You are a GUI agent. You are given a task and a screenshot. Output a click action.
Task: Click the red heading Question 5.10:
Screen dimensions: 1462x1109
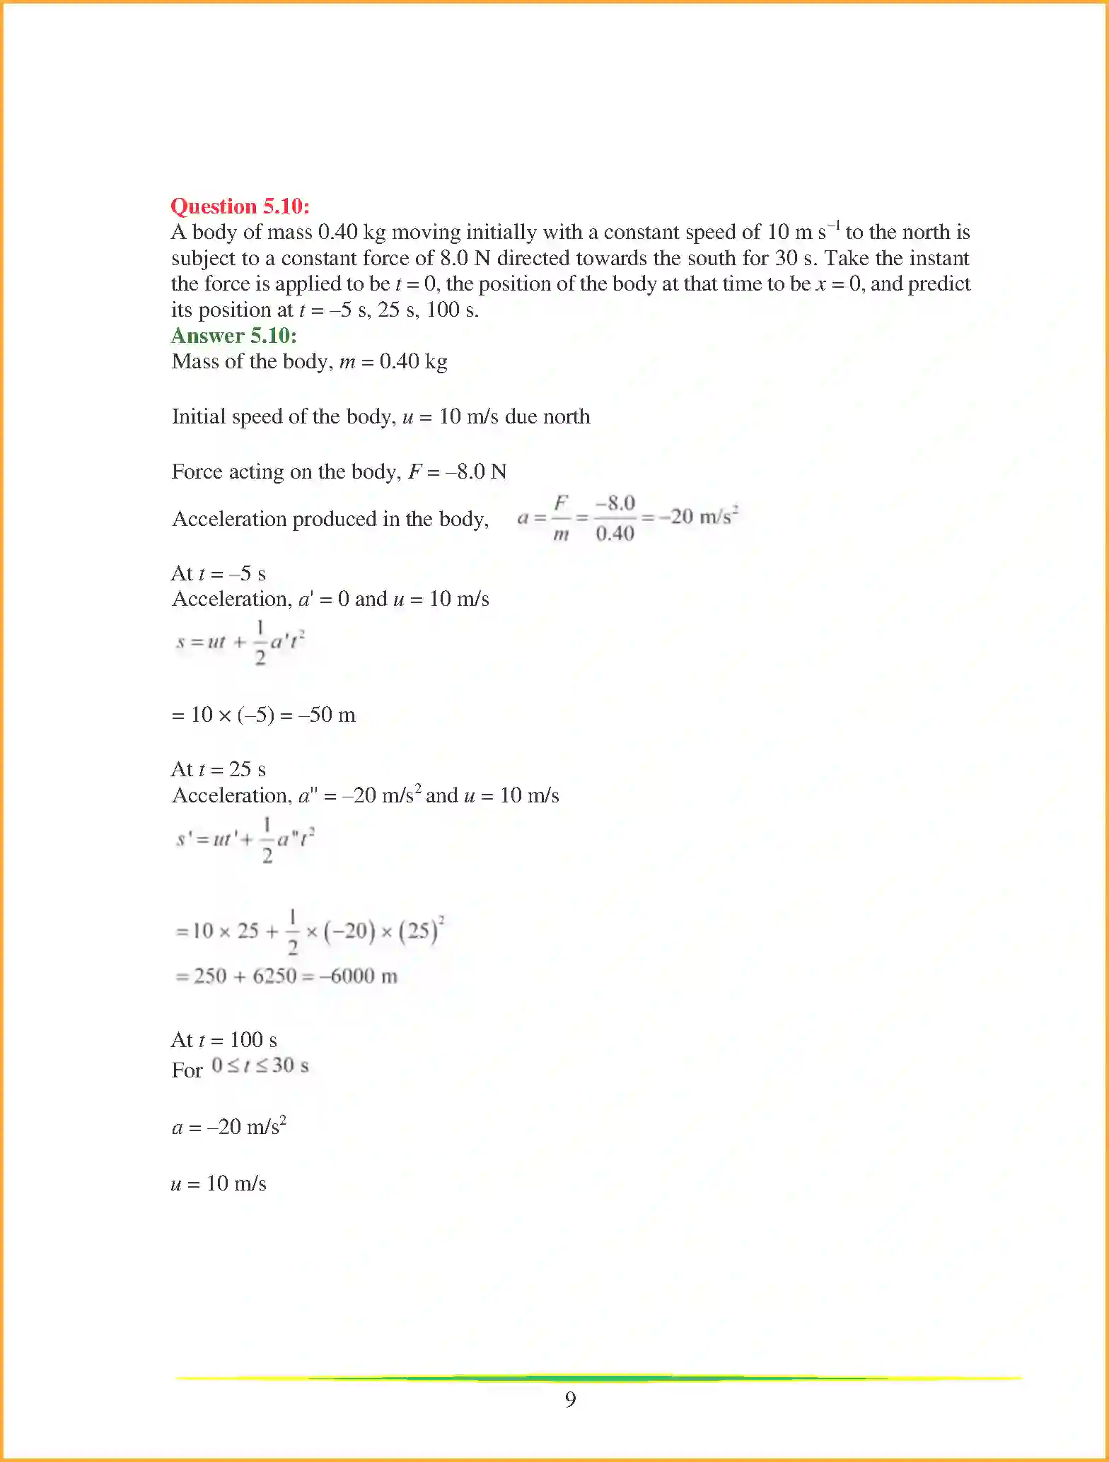[x=240, y=206]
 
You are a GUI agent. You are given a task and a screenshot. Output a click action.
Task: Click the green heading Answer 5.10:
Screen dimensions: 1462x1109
[x=233, y=336]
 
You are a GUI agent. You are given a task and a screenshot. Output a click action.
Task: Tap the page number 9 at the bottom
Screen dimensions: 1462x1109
[x=570, y=1399]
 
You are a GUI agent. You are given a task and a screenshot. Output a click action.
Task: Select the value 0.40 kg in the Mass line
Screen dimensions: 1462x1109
[x=413, y=362]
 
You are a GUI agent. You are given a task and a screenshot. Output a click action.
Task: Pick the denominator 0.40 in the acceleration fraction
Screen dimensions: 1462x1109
[x=614, y=534]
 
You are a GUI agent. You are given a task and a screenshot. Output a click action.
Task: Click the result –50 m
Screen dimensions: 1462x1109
[x=327, y=715]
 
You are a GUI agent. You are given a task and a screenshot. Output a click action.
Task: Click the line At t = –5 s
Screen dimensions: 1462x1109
[x=219, y=573]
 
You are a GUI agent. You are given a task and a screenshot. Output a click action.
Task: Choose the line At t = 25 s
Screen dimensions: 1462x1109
[x=219, y=769]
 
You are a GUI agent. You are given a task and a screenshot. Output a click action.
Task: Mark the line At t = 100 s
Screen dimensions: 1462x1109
[x=224, y=1040]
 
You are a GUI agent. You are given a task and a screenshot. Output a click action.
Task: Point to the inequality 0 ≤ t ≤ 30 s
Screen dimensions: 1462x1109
[x=260, y=1065]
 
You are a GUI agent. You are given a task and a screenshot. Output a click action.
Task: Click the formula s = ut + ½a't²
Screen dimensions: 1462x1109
[x=240, y=642]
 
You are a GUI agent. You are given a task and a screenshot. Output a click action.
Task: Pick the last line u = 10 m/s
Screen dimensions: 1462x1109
[x=219, y=1183]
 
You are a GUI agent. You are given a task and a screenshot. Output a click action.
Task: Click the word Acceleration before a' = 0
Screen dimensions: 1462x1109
[x=231, y=600]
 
